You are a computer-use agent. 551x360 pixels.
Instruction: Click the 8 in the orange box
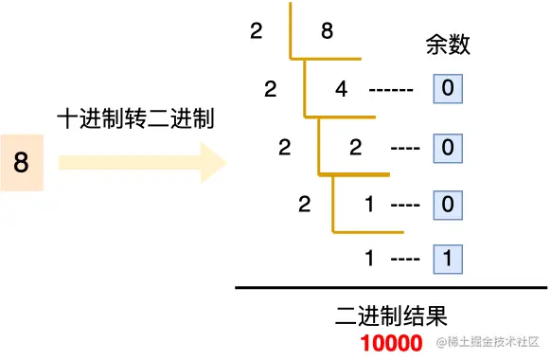22,164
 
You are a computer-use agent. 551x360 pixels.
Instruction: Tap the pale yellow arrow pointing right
142,163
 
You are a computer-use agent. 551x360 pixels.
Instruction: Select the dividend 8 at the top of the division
327,31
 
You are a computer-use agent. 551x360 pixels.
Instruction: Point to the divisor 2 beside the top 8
256,31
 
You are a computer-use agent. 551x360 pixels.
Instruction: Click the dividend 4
342,90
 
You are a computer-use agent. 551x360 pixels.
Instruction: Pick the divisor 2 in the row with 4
271,90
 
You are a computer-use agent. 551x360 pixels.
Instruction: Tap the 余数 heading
448,45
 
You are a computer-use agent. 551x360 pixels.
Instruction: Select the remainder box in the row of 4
448,90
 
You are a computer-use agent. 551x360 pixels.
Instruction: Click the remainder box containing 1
448,257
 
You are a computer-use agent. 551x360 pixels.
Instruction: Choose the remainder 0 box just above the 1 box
448,204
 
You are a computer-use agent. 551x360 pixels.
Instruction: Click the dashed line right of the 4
390,91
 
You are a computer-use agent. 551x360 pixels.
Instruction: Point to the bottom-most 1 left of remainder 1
370,257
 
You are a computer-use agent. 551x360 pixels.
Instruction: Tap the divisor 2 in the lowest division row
304,204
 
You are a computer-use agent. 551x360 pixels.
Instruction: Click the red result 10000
391,343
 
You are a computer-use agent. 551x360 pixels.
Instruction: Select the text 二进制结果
391,315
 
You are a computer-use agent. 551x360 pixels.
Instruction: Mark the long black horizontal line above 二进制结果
390,287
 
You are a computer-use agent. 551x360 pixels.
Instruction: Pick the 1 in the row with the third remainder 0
370,204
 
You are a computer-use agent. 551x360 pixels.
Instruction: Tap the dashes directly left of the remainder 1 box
405,258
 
